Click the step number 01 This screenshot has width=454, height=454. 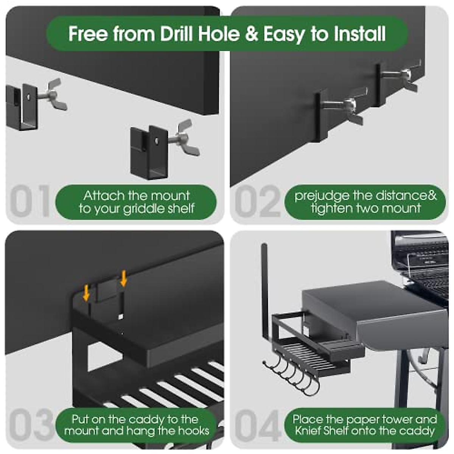tap(30, 201)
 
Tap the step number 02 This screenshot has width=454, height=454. tap(258, 201)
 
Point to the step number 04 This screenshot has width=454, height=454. tap(258, 426)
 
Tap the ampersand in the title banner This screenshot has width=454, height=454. tap(251, 34)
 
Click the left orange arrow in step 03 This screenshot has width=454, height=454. tap(87, 293)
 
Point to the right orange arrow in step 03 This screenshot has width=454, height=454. tap(124, 278)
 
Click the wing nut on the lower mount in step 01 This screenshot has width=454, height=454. tap(186, 138)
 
